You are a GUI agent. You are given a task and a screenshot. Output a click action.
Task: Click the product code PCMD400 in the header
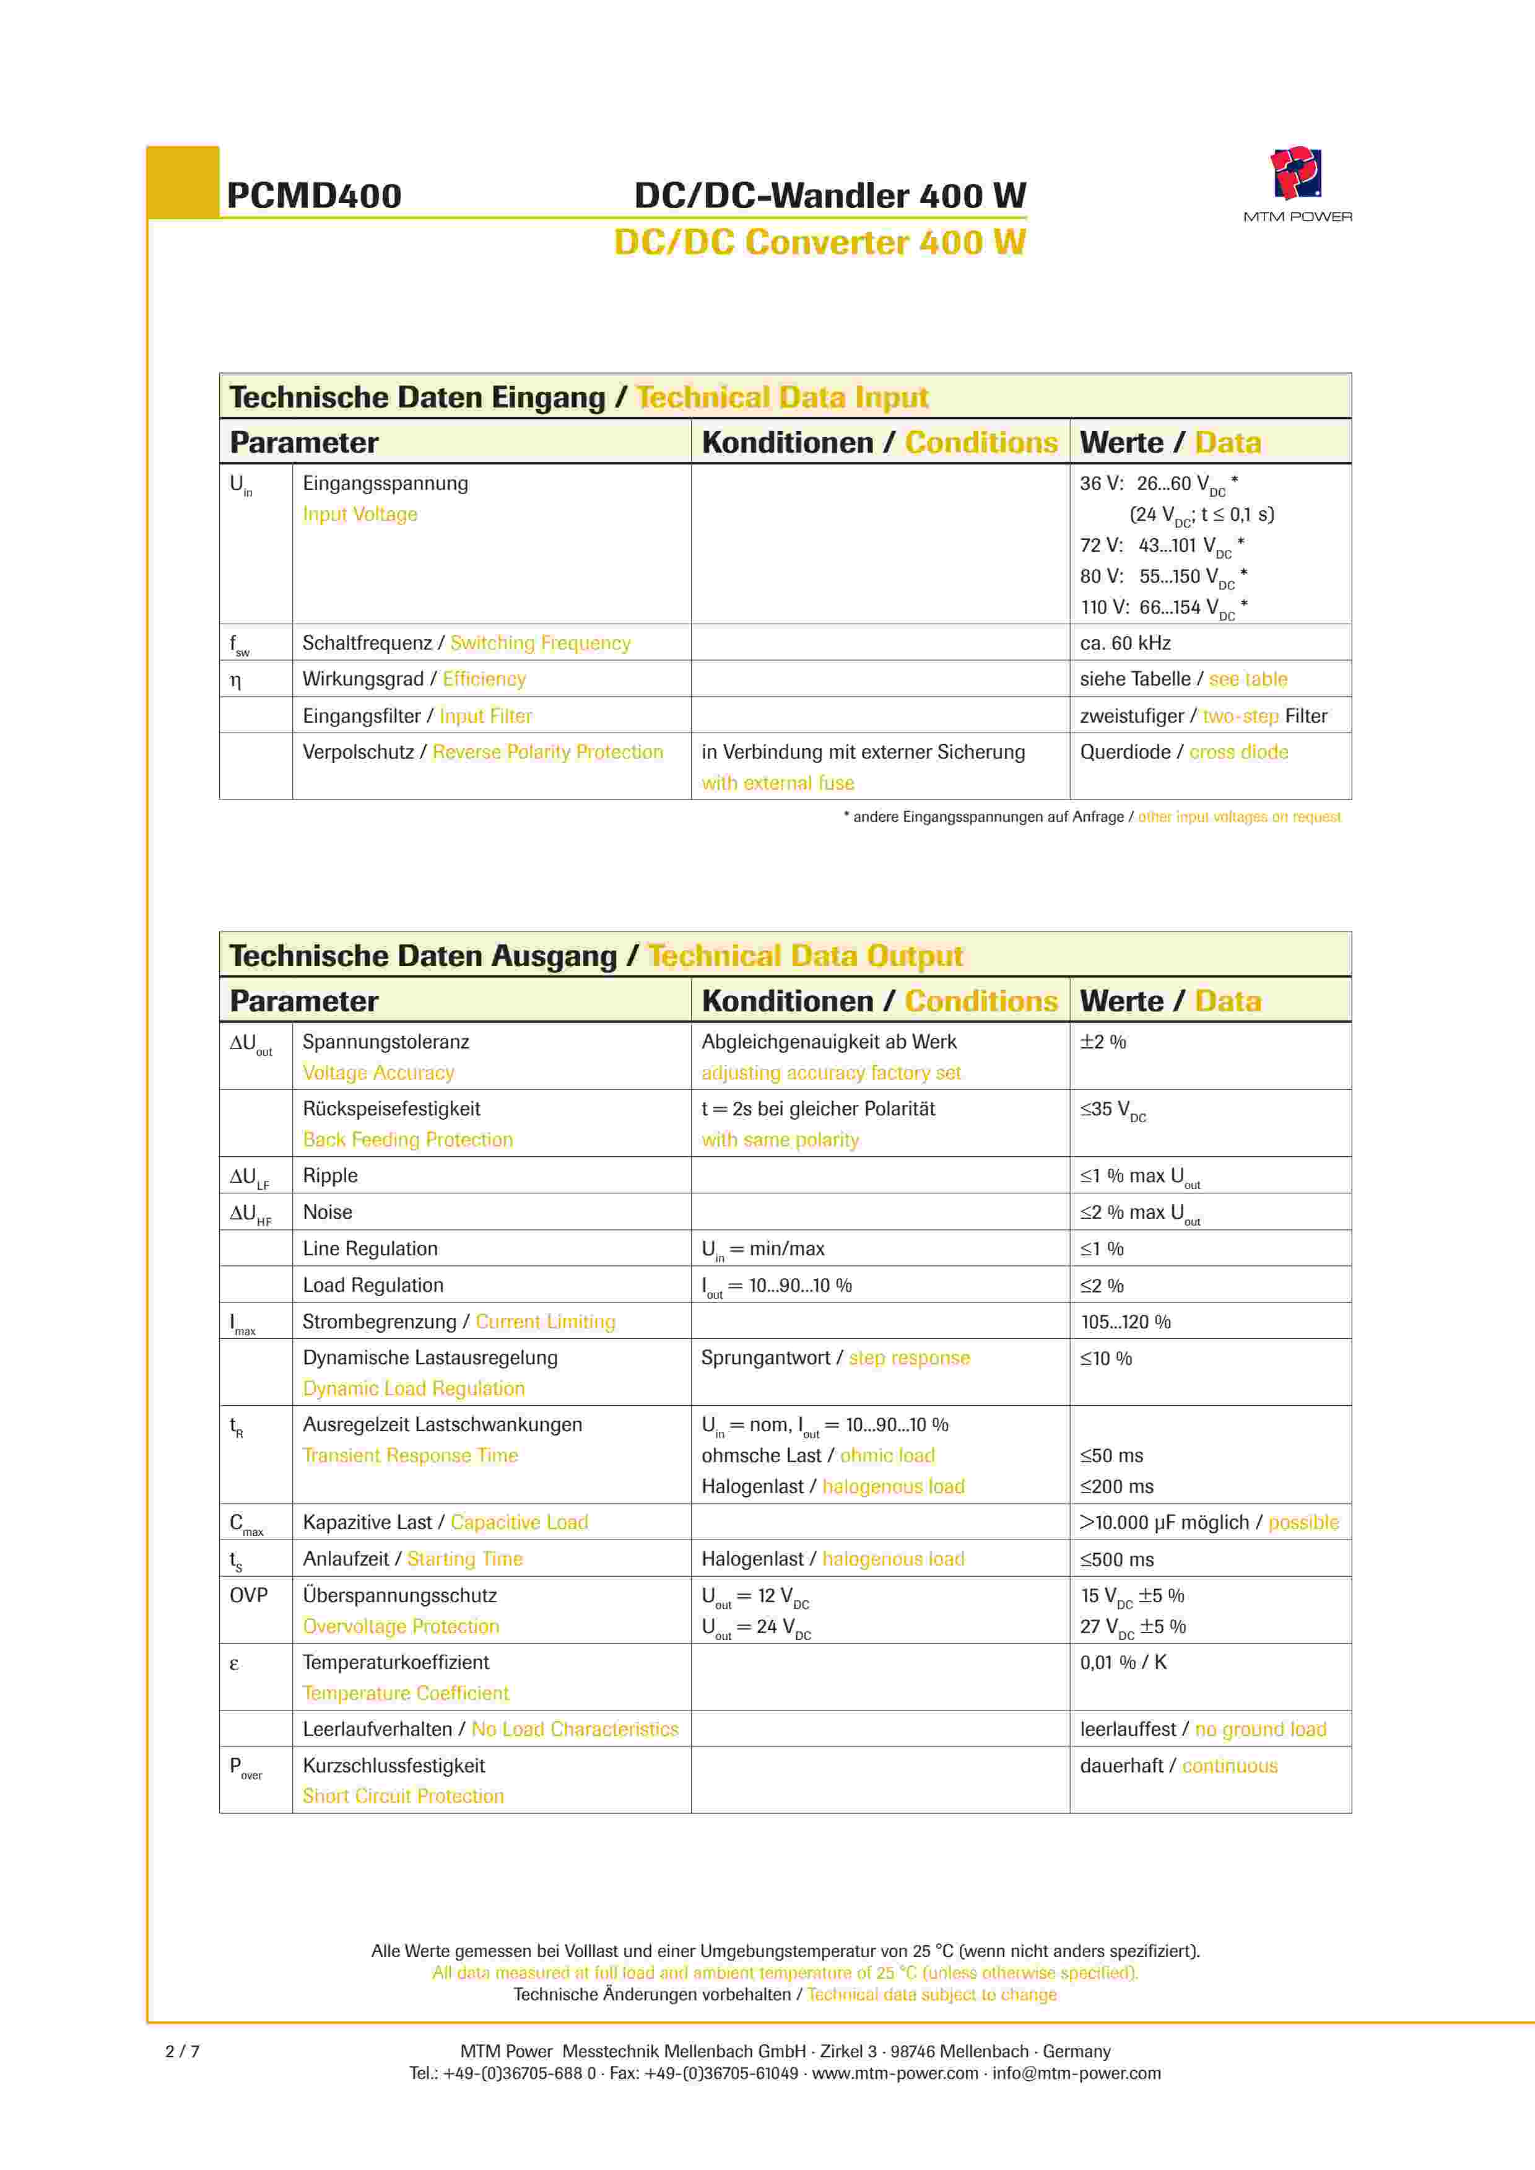coord(314,196)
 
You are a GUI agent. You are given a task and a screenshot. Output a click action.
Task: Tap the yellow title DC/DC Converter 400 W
coord(819,243)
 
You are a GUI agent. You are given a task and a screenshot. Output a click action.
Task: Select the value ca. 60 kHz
coord(1125,643)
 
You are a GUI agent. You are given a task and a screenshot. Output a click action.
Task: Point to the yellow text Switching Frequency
coord(540,643)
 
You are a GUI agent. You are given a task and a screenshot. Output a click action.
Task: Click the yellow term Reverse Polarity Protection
coord(547,752)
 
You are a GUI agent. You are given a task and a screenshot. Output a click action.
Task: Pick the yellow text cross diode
coord(1238,752)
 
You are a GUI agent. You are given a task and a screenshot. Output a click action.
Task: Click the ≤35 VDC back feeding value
coord(1113,1110)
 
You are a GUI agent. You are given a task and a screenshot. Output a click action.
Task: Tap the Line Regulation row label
coord(370,1248)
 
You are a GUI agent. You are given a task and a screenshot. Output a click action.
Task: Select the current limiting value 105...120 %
coord(1125,1322)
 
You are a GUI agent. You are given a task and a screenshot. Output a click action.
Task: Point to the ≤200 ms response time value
coord(1116,1487)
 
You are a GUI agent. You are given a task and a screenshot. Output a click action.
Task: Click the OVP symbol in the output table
coord(248,1595)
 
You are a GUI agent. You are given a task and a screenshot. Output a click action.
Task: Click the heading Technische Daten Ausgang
coord(422,956)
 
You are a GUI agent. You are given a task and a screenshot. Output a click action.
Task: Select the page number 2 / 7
coord(183,2051)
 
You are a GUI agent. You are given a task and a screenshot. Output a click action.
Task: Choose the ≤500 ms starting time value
coord(1116,1559)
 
